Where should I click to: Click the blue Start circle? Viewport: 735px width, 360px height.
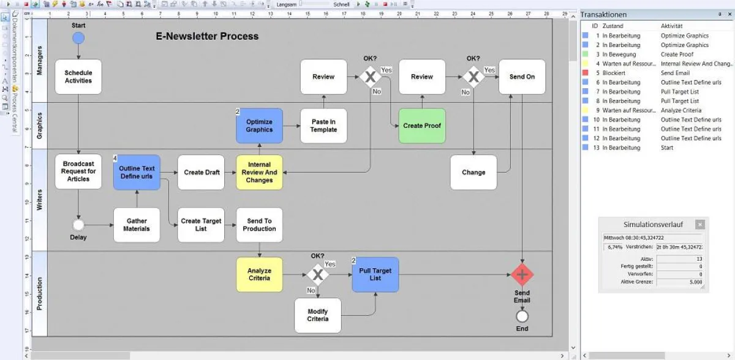(x=78, y=38)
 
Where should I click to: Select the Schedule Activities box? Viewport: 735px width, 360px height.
(x=78, y=77)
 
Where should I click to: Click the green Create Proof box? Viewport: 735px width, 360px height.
(x=422, y=126)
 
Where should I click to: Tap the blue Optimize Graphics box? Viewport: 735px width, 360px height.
(x=259, y=126)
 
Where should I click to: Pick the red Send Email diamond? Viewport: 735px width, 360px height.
(x=522, y=275)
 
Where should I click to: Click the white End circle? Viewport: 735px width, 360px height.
(x=522, y=317)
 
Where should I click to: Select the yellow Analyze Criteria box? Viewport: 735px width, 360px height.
(x=259, y=274)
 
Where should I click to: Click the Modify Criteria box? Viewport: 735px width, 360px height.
(x=317, y=315)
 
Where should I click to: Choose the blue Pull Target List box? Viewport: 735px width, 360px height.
(x=375, y=274)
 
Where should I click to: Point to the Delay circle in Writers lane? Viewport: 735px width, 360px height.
(x=78, y=225)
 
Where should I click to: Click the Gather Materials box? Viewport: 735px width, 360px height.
(x=137, y=225)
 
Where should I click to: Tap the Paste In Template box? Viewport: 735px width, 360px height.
(x=323, y=126)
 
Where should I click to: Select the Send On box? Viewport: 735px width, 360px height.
(x=522, y=77)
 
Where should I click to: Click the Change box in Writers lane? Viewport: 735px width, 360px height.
(x=473, y=172)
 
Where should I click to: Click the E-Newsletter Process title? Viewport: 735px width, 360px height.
(x=207, y=36)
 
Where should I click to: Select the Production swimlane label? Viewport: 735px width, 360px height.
(x=40, y=293)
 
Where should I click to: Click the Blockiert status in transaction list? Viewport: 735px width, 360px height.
(x=613, y=73)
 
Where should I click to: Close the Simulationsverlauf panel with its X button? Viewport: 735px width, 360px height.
(x=700, y=225)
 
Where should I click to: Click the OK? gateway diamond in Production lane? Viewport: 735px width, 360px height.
(x=317, y=274)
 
